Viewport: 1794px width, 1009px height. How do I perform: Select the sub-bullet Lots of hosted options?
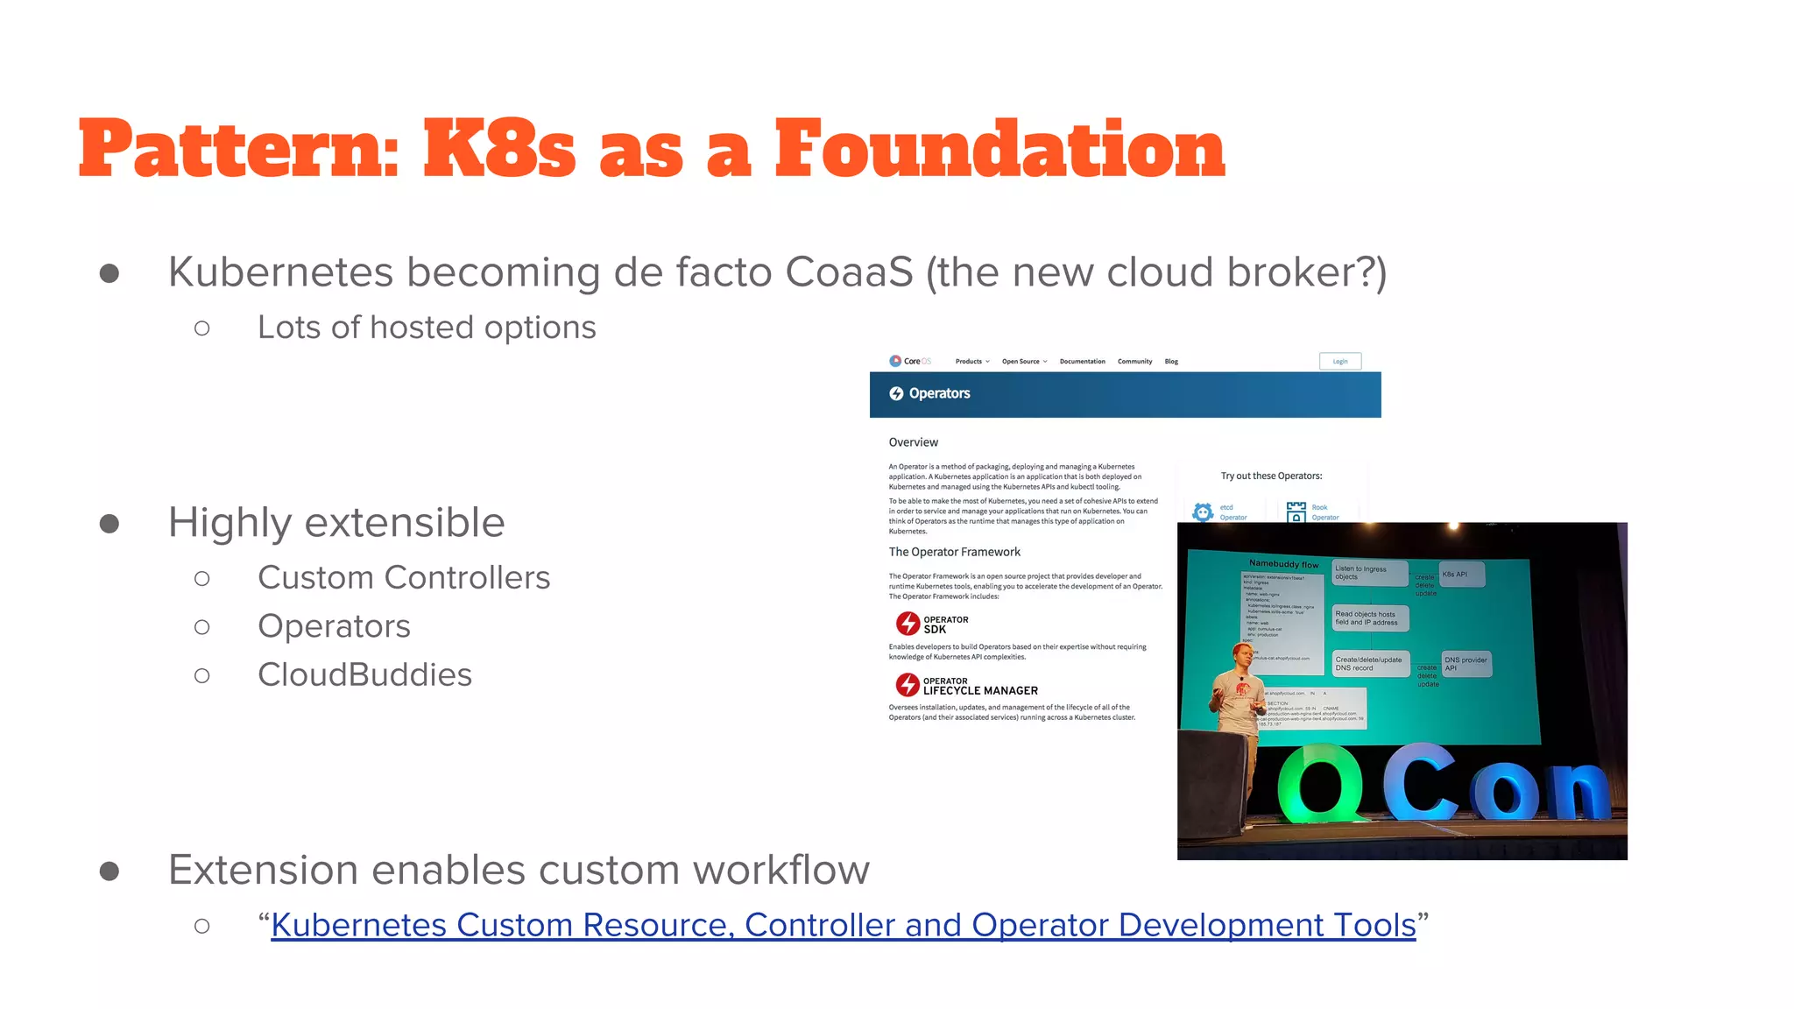point(427,328)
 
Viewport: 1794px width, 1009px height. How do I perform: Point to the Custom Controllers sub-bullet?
point(404,578)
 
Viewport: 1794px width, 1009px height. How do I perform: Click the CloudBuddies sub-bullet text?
point(364,675)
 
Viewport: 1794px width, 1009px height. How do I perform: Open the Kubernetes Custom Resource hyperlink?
point(843,925)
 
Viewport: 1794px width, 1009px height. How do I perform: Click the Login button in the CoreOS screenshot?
point(1339,361)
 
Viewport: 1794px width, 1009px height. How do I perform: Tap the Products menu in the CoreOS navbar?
point(971,362)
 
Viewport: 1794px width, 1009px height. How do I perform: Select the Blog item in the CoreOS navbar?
point(1171,362)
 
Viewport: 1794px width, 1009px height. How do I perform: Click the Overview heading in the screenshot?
point(913,442)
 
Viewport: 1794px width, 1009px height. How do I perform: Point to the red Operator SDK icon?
point(908,624)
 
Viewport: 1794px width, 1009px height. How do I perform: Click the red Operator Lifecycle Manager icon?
point(908,685)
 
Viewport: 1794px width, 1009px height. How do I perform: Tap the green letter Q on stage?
point(1319,784)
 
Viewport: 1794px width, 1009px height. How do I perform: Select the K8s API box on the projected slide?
point(1461,575)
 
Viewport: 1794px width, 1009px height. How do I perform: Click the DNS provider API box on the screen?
point(1465,664)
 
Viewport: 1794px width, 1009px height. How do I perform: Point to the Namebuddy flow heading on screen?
point(1283,564)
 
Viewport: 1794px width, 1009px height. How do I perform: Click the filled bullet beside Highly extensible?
point(109,524)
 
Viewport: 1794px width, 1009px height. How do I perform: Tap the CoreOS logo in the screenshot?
point(909,361)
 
